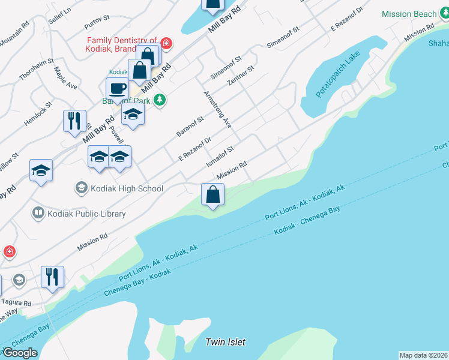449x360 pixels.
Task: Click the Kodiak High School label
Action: (127, 188)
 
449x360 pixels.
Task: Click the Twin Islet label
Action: (225, 342)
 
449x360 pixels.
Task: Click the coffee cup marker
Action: (117, 89)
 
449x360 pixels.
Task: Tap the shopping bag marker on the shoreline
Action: (212, 194)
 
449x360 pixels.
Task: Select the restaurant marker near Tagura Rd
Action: (52, 277)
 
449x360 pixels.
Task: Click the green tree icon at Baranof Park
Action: (159, 99)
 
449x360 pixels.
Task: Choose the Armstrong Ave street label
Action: (217, 109)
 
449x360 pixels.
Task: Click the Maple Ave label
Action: (66, 78)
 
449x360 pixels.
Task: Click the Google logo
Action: (20, 353)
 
